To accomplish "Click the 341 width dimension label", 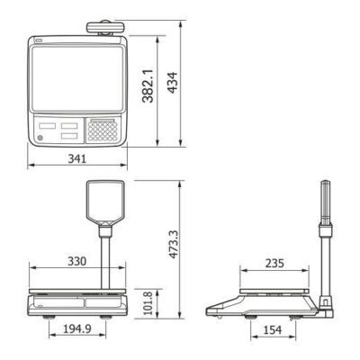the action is pyautogui.click(x=77, y=158).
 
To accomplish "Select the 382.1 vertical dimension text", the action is pyautogui.click(x=148, y=86).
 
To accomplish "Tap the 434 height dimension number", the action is pyautogui.click(x=172, y=83).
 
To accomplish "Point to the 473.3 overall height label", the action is pyautogui.click(x=173, y=244).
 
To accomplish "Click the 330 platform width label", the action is pyautogui.click(x=76, y=261).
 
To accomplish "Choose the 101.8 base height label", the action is pyautogui.click(x=148, y=302).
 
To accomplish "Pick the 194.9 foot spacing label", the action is pyautogui.click(x=77, y=329).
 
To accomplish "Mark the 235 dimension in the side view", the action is pyautogui.click(x=274, y=264).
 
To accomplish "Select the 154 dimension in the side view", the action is pyautogui.click(x=273, y=330).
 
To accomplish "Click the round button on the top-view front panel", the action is pyautogui.click(x=40, y=138).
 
